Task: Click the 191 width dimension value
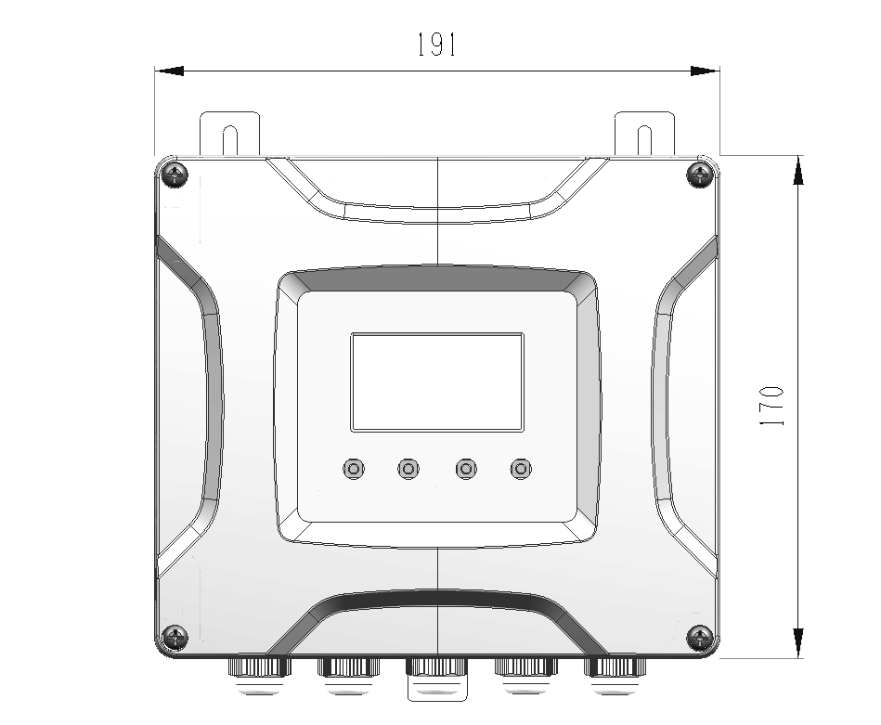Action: pyautogui.click(x=436, y=45)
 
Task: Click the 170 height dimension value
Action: pyautogui.click(x=771, y=406)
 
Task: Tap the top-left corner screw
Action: pyautogui.click(x=175, y=175)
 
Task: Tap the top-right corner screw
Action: pyautogui.click(x=700, y=175)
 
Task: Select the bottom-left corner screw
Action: pyautogui.click(x=175, y=638)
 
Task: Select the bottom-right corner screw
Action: pyautogui.click(x=700, y=638)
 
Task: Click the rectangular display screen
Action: pyautogui.click(x=437, y=382)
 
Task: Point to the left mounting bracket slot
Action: pyautogui.click(x=230, y=140)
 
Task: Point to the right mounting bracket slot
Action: pyautogui.click(x=644, y=140)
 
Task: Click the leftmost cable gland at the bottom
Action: pyautogui.click(x=260, y=675)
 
